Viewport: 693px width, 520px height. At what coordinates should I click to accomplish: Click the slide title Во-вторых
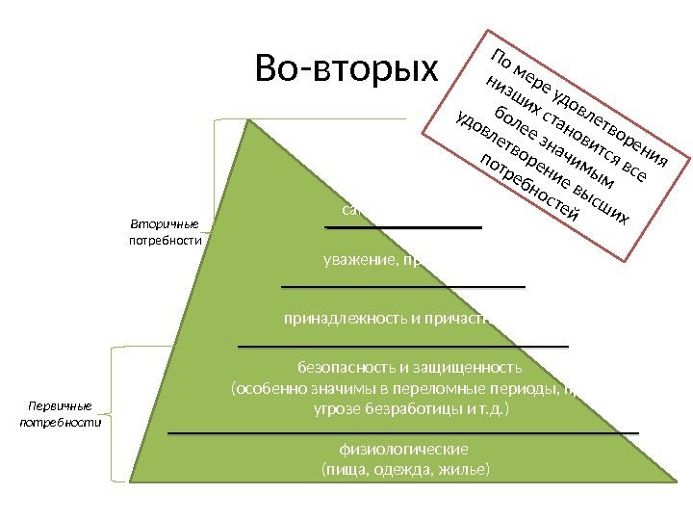pyautogui.click(x=346, y=68)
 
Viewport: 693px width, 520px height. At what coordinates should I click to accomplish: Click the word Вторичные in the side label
pyautogui.click(x=157, y=224)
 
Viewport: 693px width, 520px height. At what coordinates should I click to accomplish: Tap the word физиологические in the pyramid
pyautogui.click(x=403, y=449)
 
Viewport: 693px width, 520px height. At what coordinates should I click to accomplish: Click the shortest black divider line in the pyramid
pyautogui.click(x=403, y=227)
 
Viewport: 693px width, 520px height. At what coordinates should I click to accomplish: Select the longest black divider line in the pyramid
pyautogui.click(x=403, y=433)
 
